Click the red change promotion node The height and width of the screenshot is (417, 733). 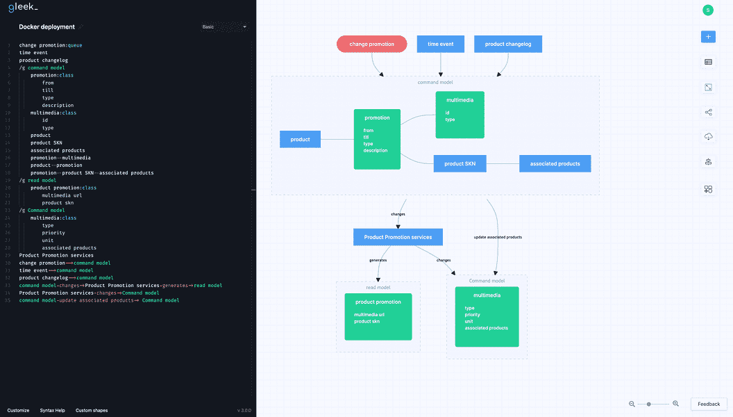point(371,44)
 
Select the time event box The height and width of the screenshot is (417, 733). point(440,44)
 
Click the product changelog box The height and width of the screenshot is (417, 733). point(507,44)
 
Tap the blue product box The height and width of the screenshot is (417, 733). point(300,139)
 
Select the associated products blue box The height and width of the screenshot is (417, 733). point(555,163)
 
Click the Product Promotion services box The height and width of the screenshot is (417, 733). point(398,237)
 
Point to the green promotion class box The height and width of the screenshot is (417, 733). point(377,139)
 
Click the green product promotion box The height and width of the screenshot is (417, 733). point(378,316)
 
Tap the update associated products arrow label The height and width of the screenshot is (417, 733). point(498,237)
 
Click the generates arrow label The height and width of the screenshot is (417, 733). point(378,260)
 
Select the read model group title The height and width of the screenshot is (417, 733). point(378,287)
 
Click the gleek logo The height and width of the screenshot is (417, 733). point(23,8)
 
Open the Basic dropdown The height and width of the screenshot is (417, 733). point(224,27)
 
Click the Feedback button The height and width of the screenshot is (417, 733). point(709,404)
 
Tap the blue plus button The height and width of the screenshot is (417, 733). point(708,36)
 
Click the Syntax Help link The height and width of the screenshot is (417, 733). point(52,410)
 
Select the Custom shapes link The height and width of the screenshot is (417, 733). point(92,410)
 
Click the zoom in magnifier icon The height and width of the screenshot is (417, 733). point(675,404)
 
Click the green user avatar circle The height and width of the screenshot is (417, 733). point(707,10)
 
